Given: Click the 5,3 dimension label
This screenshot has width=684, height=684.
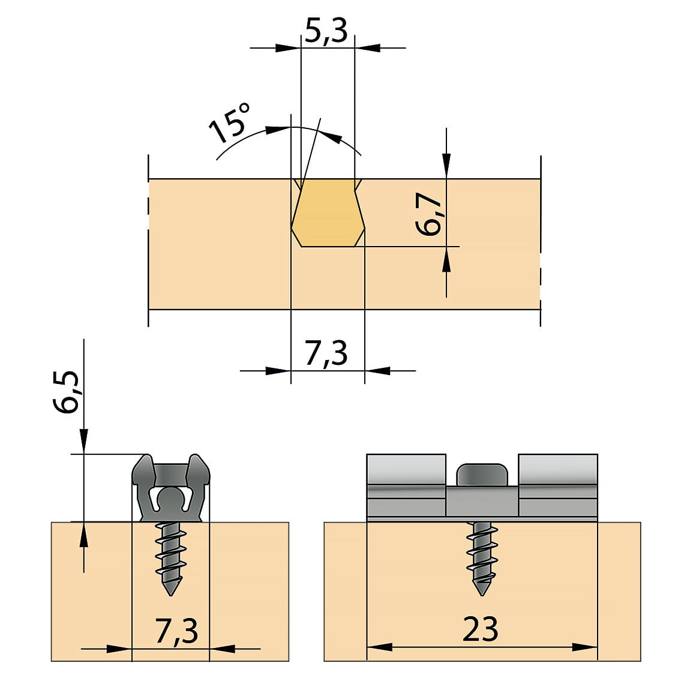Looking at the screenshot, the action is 326,31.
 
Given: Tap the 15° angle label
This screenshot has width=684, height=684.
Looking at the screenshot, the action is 229,124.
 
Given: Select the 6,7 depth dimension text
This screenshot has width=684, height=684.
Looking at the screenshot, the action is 429,214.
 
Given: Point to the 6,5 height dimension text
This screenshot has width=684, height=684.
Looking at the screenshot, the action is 67,392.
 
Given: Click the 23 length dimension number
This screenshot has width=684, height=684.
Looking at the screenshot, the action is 480,629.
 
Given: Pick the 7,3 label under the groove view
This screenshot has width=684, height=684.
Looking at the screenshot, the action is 326,353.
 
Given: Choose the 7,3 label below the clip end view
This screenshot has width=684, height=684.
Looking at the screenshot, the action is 176,631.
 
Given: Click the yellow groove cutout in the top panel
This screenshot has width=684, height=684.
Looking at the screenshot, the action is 328,212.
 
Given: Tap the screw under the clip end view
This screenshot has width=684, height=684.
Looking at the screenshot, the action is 170,559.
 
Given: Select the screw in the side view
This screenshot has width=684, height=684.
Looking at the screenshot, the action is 482,559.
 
